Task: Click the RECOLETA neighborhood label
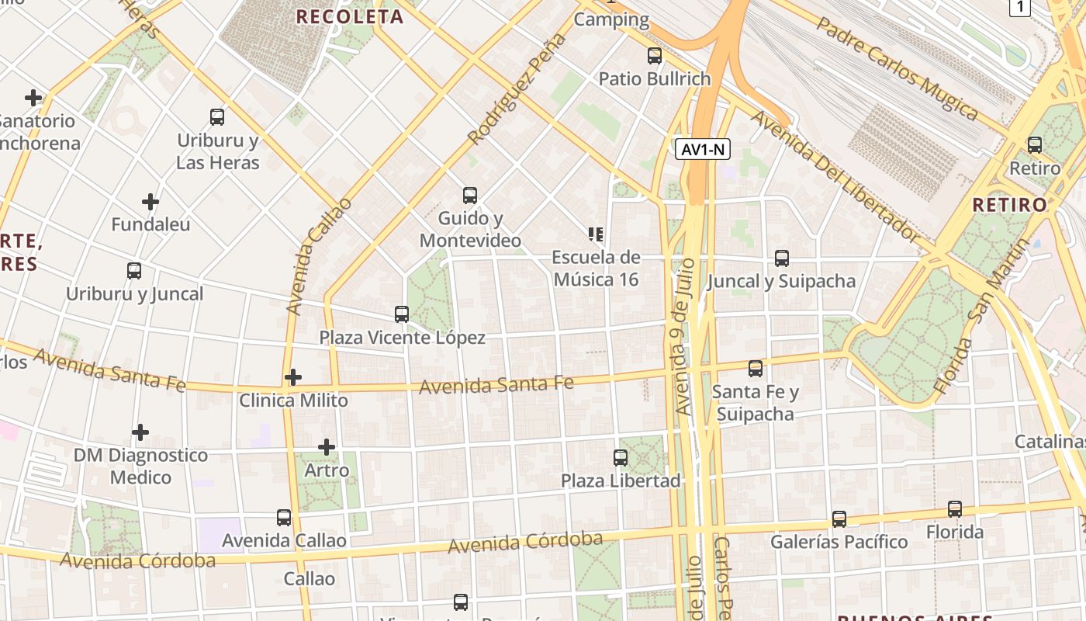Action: coord(350,16)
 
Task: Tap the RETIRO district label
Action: coord(1009,205)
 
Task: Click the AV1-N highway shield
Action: coord(704,149)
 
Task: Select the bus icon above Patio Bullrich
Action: coord(655,56)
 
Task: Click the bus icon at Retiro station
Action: coord(1034,145)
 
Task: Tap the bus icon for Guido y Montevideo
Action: coord(470,196)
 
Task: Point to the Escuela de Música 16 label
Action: coord(596,268)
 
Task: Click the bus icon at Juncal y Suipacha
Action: coord(781,258)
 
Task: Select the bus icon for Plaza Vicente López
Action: coord(402,314)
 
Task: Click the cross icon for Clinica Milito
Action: coord(293,378)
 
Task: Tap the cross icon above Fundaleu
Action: coord(150,202)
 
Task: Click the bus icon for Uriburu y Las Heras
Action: coord(217,117)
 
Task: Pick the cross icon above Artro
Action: coord(327,447)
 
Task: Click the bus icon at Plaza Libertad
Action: coord(621,458)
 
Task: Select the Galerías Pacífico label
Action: coord(839,541)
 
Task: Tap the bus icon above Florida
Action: coord(955,509)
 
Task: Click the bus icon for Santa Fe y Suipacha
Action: coord(756,369)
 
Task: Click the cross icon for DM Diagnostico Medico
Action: coord(140,432)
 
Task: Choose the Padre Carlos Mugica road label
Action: coord(897,70)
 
